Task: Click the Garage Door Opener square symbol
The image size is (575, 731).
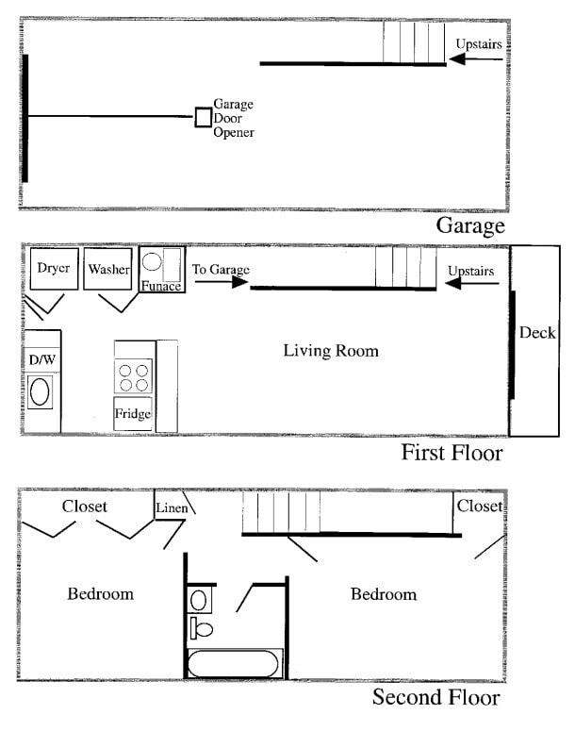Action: [x=204, y=117]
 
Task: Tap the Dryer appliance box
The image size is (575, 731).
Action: [x=54, y=269]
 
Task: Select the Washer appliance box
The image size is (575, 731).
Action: [x=107, y=269]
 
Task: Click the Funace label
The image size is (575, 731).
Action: [x=161, y=286]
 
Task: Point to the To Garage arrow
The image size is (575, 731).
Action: [x=222, y=282]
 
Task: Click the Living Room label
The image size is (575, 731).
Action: [x=331, y=351]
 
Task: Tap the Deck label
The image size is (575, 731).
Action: [x=537, y=333]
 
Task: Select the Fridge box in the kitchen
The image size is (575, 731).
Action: [x=133, y=413]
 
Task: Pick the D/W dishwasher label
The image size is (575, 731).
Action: [x=41, y=359]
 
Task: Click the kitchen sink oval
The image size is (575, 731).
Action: [x=40, y=391]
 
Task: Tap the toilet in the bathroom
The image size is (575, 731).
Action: [x=202, y=628]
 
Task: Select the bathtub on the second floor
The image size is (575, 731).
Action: [x=234, y=664]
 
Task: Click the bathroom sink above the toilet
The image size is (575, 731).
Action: [x=199, y=600]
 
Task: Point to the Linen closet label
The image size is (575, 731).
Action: [x=172, y=507]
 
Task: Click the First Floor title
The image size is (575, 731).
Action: [x=452, y=453]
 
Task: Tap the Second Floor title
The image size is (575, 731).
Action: [x=436, y=697]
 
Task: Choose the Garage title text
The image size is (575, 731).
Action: [x=470, y=226]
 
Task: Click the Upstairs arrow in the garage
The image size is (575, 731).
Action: [x=476, y=59]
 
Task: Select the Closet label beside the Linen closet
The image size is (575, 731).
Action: [x=84, y=507]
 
